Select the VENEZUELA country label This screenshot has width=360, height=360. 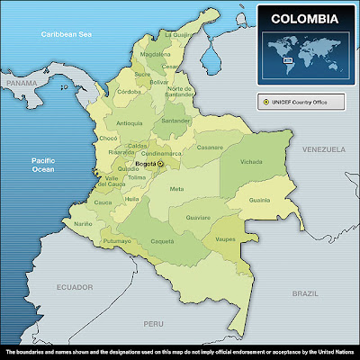click(x=323, y=147)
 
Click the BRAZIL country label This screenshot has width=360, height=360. click(x=307, y=293)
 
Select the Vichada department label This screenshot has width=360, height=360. click(x=253, y=163)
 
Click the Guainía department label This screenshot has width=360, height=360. click(x=259, y=200)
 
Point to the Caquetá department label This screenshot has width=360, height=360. click(x=162, y=242)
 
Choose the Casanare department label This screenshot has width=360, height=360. click(x=210, y=147)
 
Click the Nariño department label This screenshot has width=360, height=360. click(x=83, y=223)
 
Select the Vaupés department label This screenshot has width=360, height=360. click(x=226, y=238)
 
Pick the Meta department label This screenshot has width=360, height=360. click(x=176, y=189)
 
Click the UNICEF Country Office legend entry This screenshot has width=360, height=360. click(x=300, y=103)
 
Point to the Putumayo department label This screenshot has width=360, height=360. click(x=117, y=242)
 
